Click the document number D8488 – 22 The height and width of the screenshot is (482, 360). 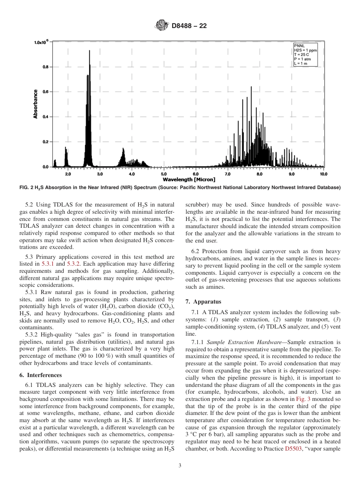(189, 26)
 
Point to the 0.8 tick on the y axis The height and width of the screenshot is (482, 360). (45, 67)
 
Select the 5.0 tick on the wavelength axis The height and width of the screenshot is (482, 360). (164, 174)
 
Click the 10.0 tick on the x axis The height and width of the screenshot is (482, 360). (323, 174)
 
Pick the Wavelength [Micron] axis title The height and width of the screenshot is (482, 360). (189, 179)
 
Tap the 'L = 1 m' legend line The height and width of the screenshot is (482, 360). (301, 63)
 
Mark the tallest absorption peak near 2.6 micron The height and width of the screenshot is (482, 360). (89, 51)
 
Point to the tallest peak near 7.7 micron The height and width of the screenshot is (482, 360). (251, 88)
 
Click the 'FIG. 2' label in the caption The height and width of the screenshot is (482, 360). (27, 187)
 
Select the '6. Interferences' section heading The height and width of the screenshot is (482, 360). (40, 375)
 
